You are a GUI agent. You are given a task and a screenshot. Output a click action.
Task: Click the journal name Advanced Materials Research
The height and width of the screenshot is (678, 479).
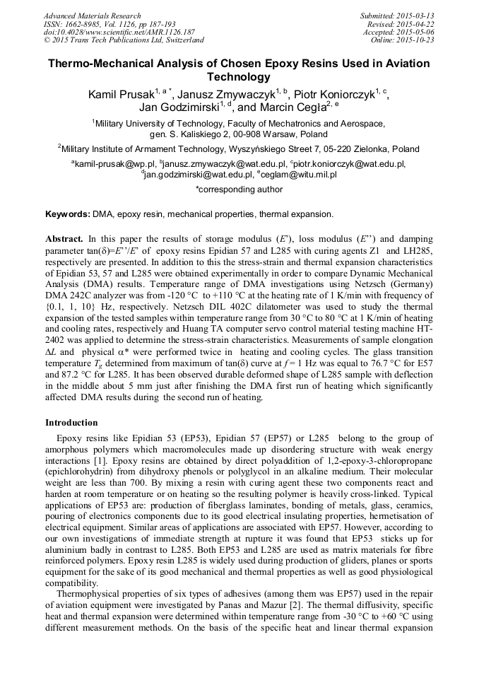point(92,16)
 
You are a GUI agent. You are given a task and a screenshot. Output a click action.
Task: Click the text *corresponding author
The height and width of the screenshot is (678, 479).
point(239,189)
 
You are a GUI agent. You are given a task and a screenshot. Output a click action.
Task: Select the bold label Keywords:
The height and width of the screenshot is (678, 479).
point(68,214)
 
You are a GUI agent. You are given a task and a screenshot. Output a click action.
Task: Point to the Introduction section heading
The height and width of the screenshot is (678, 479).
point(71,423)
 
